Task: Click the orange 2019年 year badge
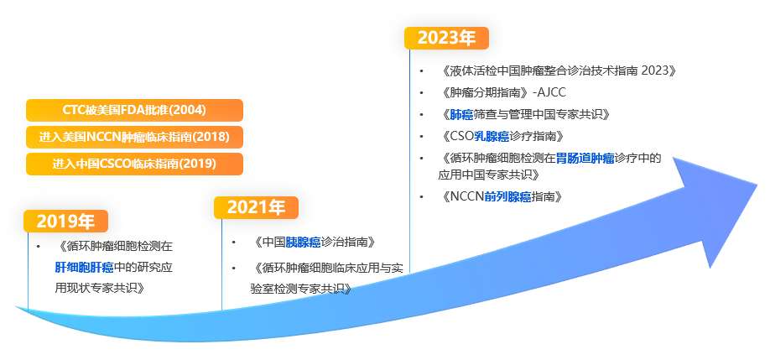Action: (66, 222)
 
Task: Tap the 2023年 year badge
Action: (446, 38)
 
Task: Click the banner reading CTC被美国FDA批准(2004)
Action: (134, 110)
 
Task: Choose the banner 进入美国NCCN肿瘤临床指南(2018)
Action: (134, 137)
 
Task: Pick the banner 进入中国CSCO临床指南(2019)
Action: (134, 164)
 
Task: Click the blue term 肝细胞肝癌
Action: (84, 267)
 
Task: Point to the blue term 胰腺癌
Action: (303, 243)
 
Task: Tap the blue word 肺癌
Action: (462, 114)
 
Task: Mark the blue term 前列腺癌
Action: (508, 196)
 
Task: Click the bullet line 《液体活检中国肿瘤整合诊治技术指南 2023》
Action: (557, 70)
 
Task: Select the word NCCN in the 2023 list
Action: (467, 196)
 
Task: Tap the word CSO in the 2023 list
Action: (462, 136)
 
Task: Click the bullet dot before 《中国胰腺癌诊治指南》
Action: (234, 243)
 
